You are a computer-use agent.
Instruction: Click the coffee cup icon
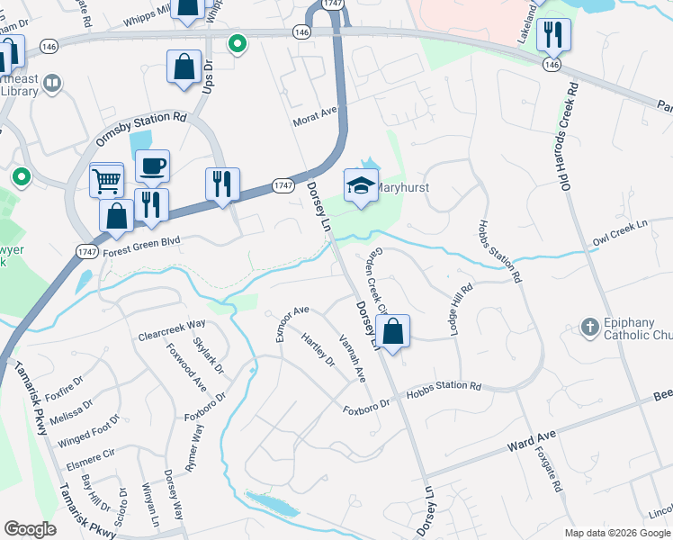click(152, 166)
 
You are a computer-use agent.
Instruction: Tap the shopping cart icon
click(107, 180)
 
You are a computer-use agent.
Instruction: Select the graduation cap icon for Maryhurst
click(361, 185)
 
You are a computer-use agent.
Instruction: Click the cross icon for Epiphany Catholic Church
click(589, 328)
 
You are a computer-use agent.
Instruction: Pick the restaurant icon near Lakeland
click(553, 35)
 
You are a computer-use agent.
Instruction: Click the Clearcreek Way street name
click(172, 330)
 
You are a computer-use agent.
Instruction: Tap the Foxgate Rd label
click(547, 469)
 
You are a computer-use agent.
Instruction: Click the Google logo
click(30, 529)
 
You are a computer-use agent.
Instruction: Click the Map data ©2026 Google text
click(617, 533)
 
